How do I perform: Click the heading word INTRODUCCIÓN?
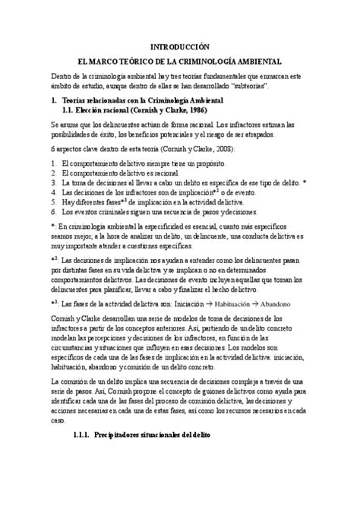coord(179,46)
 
